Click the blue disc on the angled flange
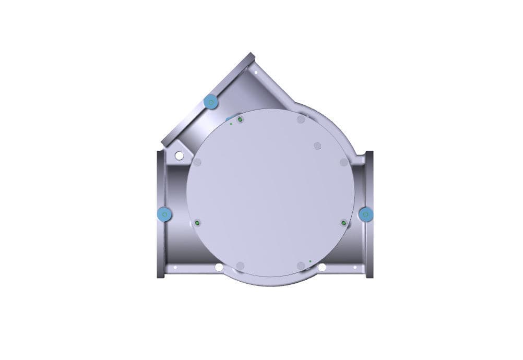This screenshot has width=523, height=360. click(211, 102)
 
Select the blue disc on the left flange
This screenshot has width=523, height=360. click(165, 214)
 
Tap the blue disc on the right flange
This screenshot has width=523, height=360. click(366, 213)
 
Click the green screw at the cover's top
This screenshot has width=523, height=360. click(240, 120)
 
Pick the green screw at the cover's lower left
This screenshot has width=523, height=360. click(198, 223)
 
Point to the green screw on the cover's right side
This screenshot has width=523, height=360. click(343, 223)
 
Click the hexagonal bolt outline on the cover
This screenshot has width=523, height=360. click(317, 146)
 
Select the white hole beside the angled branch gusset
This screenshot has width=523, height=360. click(179, 155)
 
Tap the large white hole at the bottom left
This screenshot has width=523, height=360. click(219, 268)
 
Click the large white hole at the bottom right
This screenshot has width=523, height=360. click(322, 268)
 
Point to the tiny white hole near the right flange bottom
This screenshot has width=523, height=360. click(355, 268)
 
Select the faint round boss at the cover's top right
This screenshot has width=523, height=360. click(301, 120)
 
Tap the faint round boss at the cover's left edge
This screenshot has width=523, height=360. click(197, 162)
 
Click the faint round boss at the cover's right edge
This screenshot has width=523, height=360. click(343, 162)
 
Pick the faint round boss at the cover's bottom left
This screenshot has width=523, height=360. click(240, 266)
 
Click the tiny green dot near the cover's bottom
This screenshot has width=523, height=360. click(310, 260)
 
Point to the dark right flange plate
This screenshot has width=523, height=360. click(370, 214)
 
